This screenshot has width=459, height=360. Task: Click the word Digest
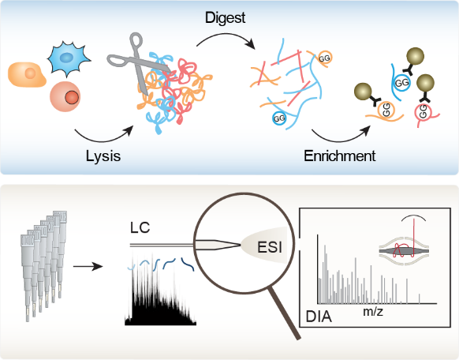tap(225, 18)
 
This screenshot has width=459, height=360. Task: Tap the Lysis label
tap(103, 156)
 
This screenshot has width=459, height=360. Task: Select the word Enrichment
tap(340, 156)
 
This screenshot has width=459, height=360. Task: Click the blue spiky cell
tap(68, 58)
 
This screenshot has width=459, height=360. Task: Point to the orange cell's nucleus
tap(30, 73)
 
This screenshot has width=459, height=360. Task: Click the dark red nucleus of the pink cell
tap(72, 97)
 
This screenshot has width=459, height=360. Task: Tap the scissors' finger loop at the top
tap(136, 40)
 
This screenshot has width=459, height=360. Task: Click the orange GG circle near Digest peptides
tap(324, 58)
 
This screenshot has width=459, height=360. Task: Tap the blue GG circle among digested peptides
tap(279, 118)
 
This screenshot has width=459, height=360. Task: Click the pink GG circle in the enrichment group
tap(423, 111)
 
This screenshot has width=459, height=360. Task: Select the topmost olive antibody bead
tap(415, 56)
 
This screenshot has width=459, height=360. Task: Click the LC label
tap(140, 227)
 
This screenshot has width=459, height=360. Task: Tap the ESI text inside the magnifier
tap(270, 247)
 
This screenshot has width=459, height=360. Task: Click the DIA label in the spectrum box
tap(319, 317)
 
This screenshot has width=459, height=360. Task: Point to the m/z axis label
tap(373, 311)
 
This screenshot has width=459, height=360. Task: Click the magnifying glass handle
tap(285, 313)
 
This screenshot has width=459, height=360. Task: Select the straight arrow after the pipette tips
tap(88, 266)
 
